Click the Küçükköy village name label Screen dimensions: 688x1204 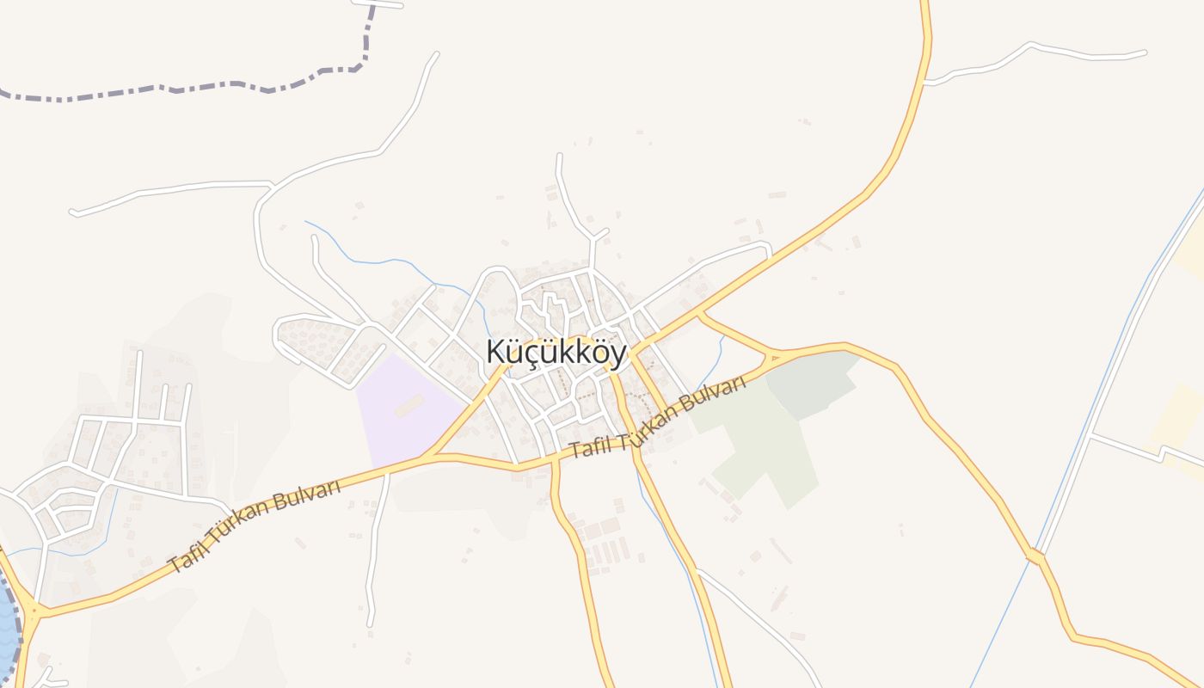[x=556, y=353]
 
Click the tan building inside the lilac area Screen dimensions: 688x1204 [x=408, y=405]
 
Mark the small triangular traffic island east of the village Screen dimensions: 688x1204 [x=775, y=356]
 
